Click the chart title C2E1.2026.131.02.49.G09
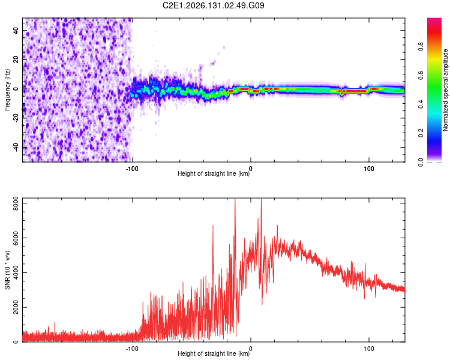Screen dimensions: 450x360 tap(213, 5)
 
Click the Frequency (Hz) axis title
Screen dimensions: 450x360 tap(7, 90)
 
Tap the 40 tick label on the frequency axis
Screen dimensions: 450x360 tap(16, 30)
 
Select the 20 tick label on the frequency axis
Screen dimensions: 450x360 tap(16, 59)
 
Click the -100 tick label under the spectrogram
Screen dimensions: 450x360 tap(132, 169)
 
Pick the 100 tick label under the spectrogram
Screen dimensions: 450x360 tap(369, 169)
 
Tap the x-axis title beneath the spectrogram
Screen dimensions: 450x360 tap(214, 173)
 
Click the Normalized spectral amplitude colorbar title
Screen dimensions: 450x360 tap(445, 90)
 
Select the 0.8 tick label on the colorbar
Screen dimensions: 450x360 tap(421, 47)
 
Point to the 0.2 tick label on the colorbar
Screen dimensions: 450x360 tap(421, 133)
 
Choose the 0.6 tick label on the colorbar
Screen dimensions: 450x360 tap(421, 75)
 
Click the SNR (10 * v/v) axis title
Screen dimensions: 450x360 tap(7, 270)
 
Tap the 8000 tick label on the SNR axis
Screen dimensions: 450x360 tap(16, 203)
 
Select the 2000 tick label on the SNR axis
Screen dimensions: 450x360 tap(16, 307)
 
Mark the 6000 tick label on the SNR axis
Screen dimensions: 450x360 tap(16, 238)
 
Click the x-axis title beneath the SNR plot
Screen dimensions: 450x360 tap(214, 353)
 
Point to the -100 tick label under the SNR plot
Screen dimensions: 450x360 tap(132, 349)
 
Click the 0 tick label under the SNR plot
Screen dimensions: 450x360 tap(251, 349)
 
